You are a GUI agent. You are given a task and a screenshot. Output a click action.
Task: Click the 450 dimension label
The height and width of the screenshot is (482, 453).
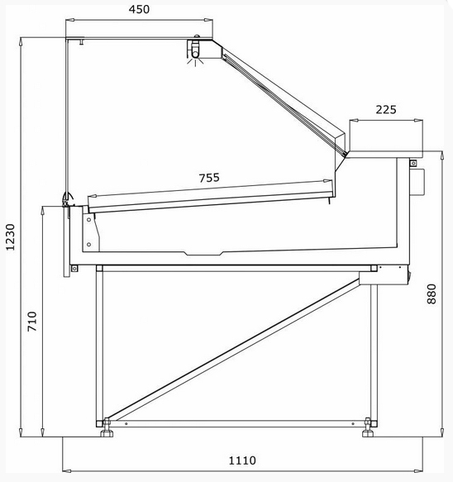[139, 10]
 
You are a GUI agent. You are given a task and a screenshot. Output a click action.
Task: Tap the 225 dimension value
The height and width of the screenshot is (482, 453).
[386, 110]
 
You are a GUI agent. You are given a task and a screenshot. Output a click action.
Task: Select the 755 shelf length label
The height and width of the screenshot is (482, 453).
[209, 178]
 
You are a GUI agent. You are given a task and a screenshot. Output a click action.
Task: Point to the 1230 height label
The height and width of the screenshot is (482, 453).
[11, 237]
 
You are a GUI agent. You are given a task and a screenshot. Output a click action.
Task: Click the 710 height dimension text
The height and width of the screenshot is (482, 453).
[32, 322]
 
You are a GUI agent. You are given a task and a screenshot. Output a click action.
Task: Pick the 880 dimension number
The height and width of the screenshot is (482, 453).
[432, 294]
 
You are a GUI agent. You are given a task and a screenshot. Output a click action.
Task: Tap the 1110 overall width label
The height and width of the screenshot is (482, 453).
[242, 461]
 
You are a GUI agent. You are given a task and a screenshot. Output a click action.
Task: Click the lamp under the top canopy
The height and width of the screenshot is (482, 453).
[195, 50]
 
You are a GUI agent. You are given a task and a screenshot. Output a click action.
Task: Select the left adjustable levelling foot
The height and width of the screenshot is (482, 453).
[107, 427]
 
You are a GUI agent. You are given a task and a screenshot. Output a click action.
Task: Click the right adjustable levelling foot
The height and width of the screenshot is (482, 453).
[368, 427]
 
